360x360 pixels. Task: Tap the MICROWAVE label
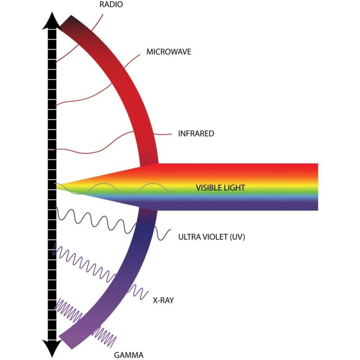pos(169,52)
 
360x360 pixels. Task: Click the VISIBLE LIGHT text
pos(220,188)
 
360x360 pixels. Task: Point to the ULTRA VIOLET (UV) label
pos(211,237)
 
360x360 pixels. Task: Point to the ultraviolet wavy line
pos(112,224)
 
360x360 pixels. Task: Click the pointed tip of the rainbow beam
pos(57,184)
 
